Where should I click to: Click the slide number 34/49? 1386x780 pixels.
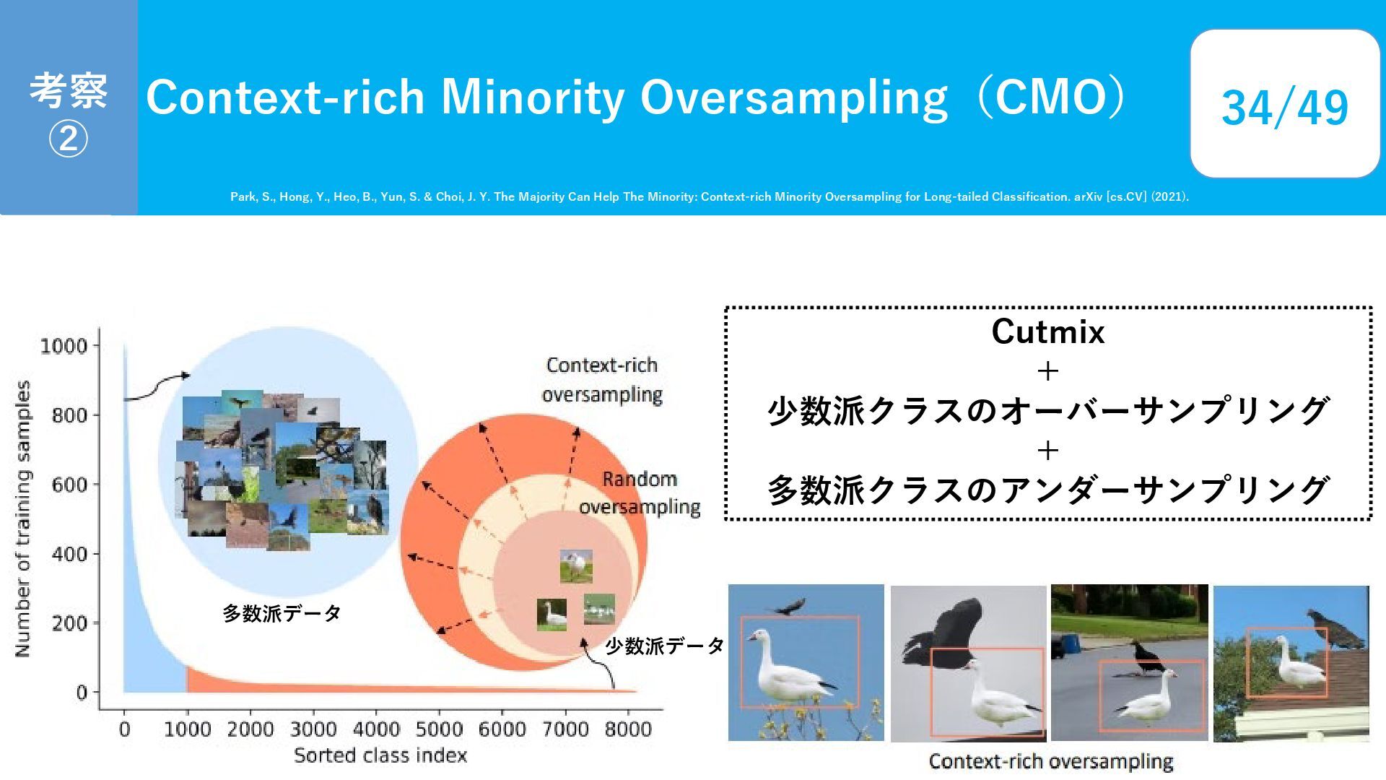click(x=1284, y=108)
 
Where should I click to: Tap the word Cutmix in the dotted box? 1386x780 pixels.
click(x=1048, y=331)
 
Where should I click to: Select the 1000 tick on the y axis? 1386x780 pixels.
click(x=64, y=346)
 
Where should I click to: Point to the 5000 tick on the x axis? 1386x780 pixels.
click(x=439, y=729)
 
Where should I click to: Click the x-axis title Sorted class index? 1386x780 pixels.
click(x=380, y=755)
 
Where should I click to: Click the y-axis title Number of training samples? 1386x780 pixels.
click(x=23, y=519)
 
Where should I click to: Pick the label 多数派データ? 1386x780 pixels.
click(x=282, y=613)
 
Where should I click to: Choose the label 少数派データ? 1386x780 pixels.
click(x=664, y=646)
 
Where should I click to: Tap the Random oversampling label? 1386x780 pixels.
click(x=640, y=493)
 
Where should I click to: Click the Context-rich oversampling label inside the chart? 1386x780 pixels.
click(x=602, y=380)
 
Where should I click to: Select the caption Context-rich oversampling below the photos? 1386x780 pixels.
click(x=1051, y=761)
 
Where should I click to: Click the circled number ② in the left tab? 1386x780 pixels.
click(x=68, y=139)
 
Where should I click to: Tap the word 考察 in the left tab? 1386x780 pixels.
click(x=68, y=90)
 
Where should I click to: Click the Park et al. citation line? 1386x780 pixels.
click(x=710, y=196)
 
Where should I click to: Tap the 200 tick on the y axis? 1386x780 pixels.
click(x=70, y=623)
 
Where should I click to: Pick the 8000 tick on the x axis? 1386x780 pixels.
click(x=628, y=729)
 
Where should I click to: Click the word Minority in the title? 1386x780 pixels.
click(x=532, y=97)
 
